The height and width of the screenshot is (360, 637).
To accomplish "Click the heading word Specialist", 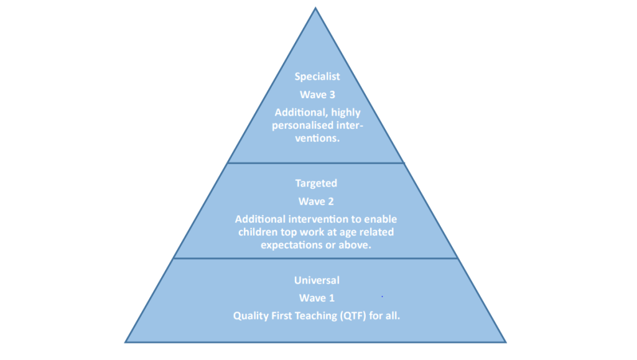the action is point(317,76).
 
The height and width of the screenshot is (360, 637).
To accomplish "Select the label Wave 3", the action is point(317,95).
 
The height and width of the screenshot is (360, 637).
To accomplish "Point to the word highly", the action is point(346,113).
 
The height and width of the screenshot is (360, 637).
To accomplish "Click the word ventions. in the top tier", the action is point(317,138).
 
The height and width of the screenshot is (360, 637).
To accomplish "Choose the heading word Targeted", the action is point(316,183).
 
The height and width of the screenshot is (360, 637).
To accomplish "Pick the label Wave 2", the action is point(316,201).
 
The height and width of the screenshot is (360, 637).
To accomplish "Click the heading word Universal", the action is point(317,280).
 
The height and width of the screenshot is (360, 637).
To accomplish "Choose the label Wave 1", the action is point(317,298).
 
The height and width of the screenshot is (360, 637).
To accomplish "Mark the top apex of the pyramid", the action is point(315,7).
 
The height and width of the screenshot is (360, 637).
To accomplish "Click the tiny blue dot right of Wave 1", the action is point(383,297).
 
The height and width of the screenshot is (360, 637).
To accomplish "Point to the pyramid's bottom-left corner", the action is point(125,342).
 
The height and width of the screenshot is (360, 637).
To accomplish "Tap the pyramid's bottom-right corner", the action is point(506,342).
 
